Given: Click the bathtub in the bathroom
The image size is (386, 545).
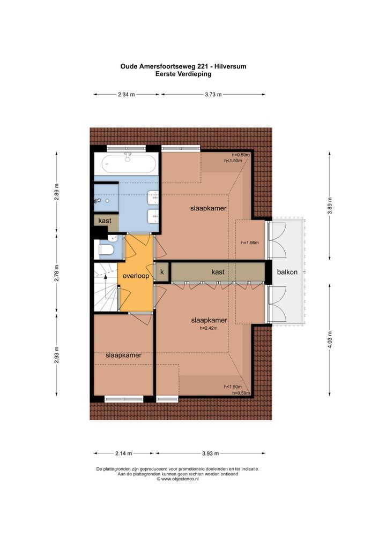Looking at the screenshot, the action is click(x=128, y=163).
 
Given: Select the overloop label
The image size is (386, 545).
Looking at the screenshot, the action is click(x=136, y=276).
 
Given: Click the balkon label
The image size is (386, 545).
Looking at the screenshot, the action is click(x=287, y=272).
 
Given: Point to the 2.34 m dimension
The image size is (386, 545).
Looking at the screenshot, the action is click(x=127, y=94).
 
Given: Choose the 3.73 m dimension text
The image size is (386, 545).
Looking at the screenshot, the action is click(x=213, y=94).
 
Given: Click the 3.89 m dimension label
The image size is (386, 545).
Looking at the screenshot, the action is click(x=330, y=206).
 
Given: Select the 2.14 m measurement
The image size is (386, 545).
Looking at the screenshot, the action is click(x=123, y=453).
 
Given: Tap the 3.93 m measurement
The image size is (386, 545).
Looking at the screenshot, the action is click(x=211, y=453).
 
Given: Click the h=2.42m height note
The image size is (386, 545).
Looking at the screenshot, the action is click(x=209, y=328).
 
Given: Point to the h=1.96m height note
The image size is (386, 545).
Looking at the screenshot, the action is click(x=250, y=243).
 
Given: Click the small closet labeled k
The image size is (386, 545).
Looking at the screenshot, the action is click(x=162, y=272).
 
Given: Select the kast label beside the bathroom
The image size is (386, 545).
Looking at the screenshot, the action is click(x=105, y=221).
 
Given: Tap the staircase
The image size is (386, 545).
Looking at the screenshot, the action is click(x=106, y=287).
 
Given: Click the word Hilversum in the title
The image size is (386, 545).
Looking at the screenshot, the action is click(x=230, y=66).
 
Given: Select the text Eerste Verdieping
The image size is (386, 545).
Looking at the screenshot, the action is click(x=183, y=74).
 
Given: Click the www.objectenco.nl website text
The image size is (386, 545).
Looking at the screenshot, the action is click(x=180, y=479).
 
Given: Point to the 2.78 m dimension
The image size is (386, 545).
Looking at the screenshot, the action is click(x=57, y=273).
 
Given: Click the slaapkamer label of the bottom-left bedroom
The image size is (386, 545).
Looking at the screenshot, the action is click(x=123, y=355).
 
